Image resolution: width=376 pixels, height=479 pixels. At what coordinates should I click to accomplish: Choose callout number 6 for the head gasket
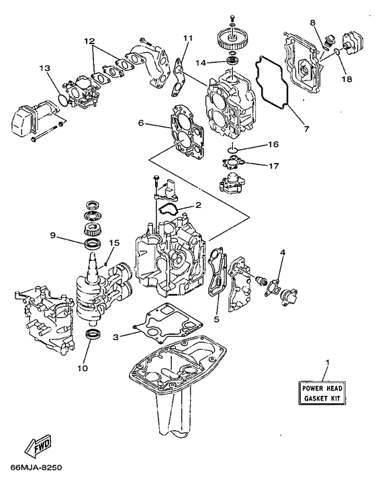[x=142, y=123]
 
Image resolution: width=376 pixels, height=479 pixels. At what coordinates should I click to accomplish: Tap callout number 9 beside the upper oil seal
[x=52, y=235]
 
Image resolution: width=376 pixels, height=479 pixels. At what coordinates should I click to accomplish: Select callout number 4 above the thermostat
[x=282, y=252]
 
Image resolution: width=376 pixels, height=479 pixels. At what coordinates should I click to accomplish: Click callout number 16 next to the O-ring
[x=274, y=144]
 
